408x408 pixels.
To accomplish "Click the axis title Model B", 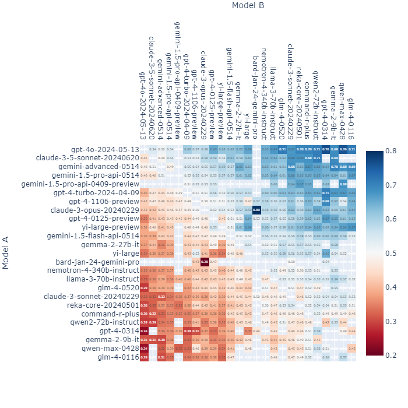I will click(x=248, y=6).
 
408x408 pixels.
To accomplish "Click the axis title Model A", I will click(x=6, y=252).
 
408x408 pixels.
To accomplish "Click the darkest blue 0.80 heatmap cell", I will click(x=256, y=210).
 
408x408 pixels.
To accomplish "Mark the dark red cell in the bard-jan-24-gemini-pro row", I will click(x=204, y=262).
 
